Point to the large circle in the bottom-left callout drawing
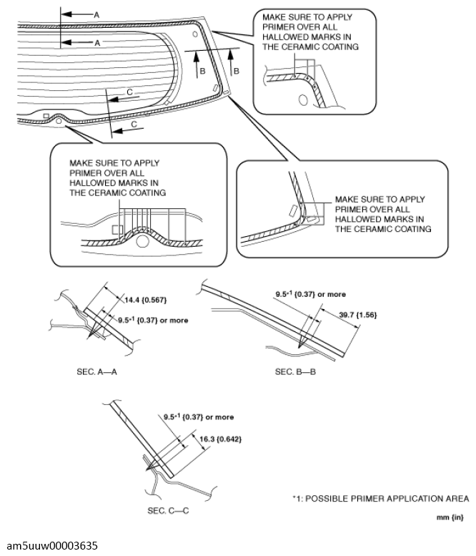(143, 243)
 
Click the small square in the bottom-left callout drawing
(117, 230)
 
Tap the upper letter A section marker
(96, 14)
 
